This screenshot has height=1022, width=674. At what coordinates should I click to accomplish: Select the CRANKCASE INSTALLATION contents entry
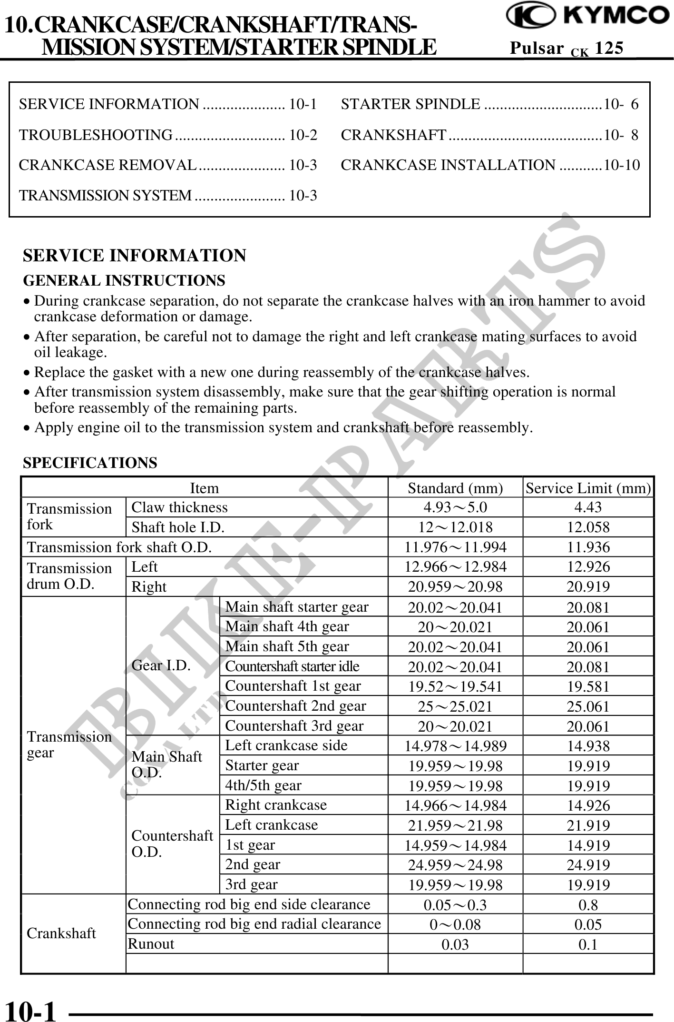point(490,165)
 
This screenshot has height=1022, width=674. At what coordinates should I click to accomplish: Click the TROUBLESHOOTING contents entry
point(167,135)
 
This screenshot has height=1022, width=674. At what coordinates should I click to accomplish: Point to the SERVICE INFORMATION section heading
point(135,256)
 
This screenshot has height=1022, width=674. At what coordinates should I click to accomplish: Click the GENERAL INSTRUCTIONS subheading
point(124,281)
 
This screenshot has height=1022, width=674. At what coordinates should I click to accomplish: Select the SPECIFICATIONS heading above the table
point(90,463)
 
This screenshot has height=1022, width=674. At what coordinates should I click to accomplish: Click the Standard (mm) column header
point(455,488)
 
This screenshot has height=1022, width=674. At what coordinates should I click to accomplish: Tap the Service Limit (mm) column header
point(588,488)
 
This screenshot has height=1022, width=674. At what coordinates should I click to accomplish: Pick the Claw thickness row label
point(180,507)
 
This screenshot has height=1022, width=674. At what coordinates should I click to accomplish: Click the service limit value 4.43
point(588,507)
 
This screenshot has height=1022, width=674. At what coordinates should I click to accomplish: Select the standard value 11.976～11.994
point(455,547)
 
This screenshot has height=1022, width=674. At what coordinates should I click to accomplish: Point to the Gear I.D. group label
point(161,665)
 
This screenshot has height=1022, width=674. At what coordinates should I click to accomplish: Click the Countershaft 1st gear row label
point(293,685)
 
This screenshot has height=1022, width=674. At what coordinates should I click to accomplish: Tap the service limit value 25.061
point(588,706)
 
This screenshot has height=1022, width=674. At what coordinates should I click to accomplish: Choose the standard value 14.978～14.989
point(455,746)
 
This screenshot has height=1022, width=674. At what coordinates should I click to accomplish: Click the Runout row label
point(151,944)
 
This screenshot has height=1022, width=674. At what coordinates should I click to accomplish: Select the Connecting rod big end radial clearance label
point(254,924)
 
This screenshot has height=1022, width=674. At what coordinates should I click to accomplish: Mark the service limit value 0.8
point(588,904)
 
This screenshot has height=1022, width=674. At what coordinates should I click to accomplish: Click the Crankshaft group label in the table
point(61,933)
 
